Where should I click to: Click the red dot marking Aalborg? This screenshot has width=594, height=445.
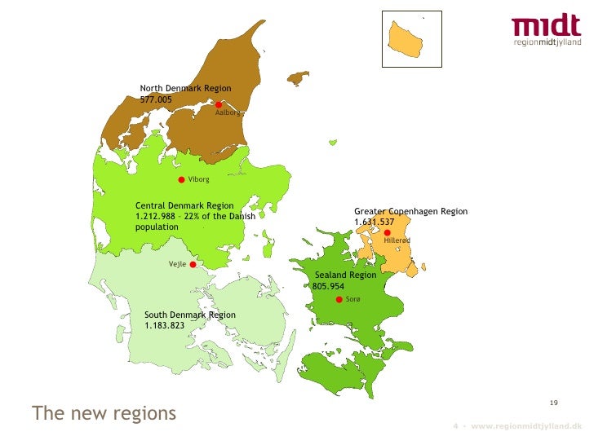tap(219, 104)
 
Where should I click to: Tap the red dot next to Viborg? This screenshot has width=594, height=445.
tap(181, 179)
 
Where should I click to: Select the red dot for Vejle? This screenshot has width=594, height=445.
tap(193, 264)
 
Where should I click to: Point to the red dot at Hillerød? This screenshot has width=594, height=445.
tap(387, 232)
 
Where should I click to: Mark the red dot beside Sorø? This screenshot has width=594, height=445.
tap(339, 300)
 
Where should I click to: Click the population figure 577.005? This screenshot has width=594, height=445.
tap(156, 99)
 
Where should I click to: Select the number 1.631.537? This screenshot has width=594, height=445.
tap(374, 222)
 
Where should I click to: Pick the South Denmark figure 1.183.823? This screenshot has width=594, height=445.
tap(164, 325)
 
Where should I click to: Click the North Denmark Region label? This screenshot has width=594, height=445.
tap(185, 88)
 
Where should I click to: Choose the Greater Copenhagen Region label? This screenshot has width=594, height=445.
tap(410, 211)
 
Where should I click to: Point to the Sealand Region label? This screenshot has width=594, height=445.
tap(345, 275)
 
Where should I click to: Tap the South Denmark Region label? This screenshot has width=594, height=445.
tap(189, 315)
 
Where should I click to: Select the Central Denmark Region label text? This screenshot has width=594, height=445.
tap(184, 205)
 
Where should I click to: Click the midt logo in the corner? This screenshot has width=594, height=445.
tap(546, 30)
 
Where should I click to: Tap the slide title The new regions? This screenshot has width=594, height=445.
tap(104, 413)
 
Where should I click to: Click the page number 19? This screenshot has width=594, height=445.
tap(553, 403)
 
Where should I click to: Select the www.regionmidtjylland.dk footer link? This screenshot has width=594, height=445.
tap(526, 426)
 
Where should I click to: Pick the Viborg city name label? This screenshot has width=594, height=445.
tap(198, 179)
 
